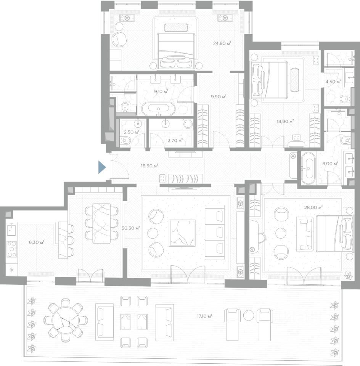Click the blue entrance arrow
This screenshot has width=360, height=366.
(102, 167)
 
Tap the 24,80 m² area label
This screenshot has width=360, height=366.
(222, 43)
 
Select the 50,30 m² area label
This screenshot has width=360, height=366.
(131, 228)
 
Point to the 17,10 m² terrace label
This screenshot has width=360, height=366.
(204, 316)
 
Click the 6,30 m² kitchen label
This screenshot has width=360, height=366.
(37, 242)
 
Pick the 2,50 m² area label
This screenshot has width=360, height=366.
(132, 132)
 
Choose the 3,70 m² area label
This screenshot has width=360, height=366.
(175, 140)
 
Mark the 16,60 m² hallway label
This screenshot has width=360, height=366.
(149, 166)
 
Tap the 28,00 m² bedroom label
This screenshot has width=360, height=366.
(313, 207)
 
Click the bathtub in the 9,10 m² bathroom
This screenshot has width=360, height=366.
(158, 109)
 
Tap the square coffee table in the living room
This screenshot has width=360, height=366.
(182, 233)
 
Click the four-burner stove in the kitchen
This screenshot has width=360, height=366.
(12, 249)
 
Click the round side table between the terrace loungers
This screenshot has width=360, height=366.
(248, 316)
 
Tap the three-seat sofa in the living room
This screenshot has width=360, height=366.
(215, 233)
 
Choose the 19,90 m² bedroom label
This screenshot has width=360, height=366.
(285, 121)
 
